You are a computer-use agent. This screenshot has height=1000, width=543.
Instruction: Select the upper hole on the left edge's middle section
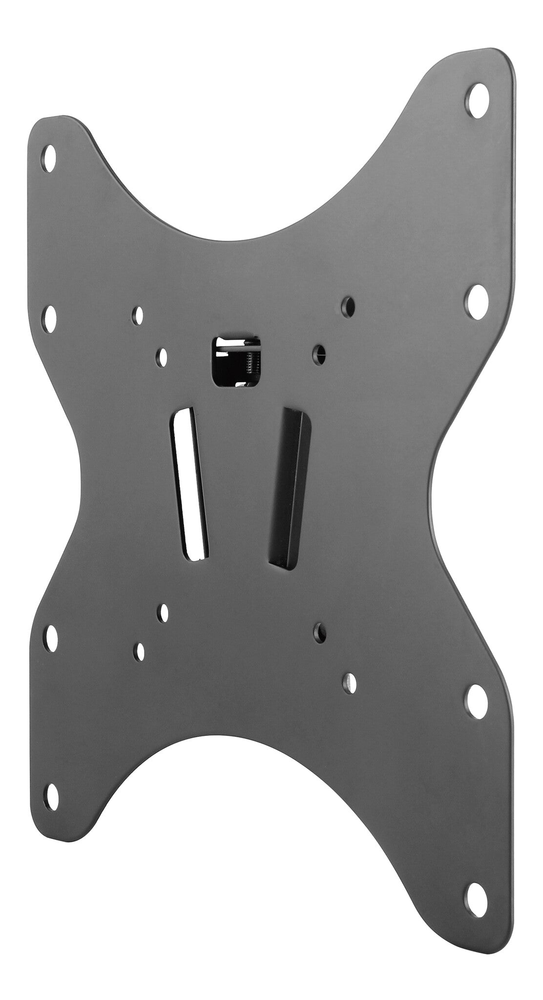coord(50,317)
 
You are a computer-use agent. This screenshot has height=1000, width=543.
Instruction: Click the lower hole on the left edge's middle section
coord(50,638)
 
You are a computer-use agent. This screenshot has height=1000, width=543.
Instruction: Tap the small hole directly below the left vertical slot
coord(164,612)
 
